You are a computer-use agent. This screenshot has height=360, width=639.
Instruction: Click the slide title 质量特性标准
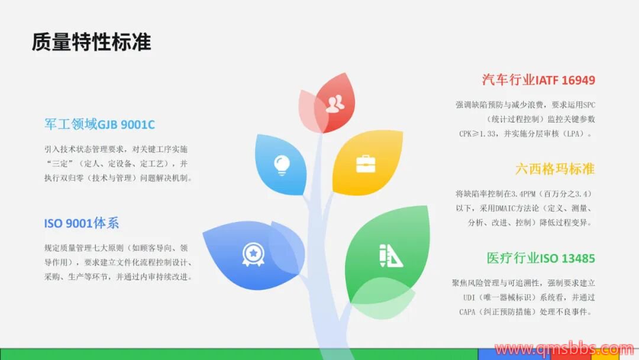click(91, 42)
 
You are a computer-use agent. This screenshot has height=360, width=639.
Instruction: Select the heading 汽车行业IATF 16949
click(538, 79)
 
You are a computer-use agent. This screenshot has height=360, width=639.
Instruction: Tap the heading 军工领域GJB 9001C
click(99, 124)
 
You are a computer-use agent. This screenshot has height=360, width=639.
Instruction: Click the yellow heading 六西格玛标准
click(555, 169)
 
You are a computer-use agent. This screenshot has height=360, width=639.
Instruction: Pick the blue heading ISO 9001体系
click(82, 223)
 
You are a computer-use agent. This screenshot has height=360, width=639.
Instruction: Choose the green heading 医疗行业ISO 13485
click(541, 258)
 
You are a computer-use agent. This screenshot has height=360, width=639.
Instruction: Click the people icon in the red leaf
click(335, 104)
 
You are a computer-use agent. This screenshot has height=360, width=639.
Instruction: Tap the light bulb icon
click(282, 165)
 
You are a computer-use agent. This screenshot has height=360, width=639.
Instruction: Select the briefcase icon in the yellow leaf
click(366, 164)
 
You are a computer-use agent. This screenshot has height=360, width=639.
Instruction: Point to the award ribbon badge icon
click(253, 255)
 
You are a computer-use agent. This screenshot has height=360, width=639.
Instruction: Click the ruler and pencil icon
click(390, 256)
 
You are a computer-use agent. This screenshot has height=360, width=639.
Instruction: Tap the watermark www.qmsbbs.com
click(564, 349)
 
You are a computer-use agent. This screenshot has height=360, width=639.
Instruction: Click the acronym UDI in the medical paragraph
click(469, 298)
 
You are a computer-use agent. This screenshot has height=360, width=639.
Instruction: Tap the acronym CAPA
click(467, 312)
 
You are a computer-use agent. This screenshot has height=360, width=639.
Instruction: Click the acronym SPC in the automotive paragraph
click(589, 105)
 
